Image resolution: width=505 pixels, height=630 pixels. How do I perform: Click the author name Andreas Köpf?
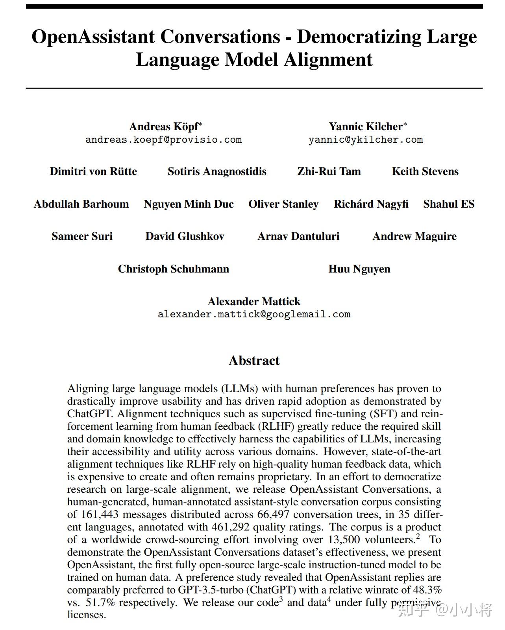(x=164, y=126)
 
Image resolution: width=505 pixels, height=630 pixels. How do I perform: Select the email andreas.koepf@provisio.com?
(x=164, y=140)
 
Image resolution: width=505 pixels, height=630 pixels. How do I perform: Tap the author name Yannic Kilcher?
(x=366, y=126)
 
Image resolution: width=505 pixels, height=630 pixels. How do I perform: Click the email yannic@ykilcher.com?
(x=366, y=140)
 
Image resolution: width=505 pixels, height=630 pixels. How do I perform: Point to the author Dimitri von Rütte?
(x=93, y=171)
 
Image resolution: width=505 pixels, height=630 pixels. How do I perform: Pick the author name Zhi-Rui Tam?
(x=329, y=171)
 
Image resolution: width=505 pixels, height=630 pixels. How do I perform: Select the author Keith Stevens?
(x=425, y=171)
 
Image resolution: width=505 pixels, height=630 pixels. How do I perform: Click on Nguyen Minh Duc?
(x=189, y=204)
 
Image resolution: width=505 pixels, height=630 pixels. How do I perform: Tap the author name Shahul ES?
(x=449, y=204)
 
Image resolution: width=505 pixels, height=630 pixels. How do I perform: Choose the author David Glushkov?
(x=185, y=236)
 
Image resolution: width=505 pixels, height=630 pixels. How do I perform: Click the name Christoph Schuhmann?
(x=174, y=269)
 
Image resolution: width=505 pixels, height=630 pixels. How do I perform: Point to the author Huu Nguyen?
(x=359, y=269)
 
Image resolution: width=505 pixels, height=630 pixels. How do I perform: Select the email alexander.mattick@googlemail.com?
(x=254, y=314)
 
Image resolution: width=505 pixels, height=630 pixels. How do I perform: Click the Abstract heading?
(x=254, y=361)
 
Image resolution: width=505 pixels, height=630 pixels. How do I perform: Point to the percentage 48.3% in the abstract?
(x=427, y=590)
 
